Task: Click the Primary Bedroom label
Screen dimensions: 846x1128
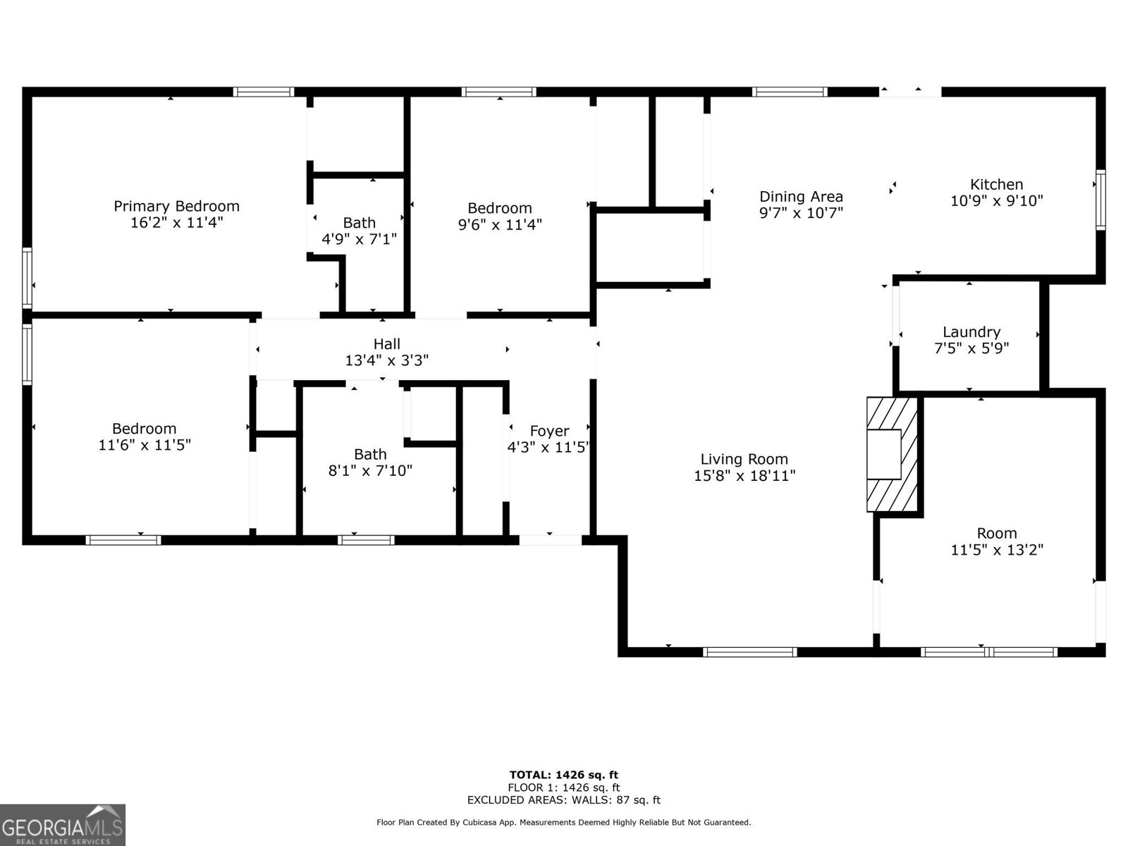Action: pos(176,206)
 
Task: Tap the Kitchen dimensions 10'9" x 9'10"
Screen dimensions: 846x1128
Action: pos(996,201)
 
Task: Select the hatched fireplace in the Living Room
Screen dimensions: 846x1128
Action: pos(893,454)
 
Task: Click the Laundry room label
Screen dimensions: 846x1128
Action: pos(971,331)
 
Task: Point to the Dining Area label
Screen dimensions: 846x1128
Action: pos(801,196)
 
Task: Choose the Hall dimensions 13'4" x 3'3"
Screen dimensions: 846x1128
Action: pos(386,360)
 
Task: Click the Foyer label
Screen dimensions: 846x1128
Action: pos(549,431)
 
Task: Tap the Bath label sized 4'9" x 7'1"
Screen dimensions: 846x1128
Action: pos(359,222)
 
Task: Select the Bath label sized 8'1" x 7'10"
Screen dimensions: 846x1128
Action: pos(370,454)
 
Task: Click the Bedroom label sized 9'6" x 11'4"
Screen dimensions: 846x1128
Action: pos(499,208)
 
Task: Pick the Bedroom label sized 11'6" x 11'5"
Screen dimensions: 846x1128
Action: pos(144,428)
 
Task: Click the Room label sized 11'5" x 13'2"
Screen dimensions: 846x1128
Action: pos(996,533)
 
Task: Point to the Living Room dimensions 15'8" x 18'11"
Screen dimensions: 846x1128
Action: pos(744,476)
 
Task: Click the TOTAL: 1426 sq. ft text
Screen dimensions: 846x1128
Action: pos(563,775)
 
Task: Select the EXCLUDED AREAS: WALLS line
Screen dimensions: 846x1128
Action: pos(563,800)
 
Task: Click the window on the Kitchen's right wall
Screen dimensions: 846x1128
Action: pos(1100,200)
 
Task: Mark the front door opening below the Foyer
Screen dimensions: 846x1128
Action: pos(551,540)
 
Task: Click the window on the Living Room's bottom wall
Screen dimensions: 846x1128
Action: pos(750,652)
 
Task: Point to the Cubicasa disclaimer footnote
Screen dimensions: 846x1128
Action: pos(563,822)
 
